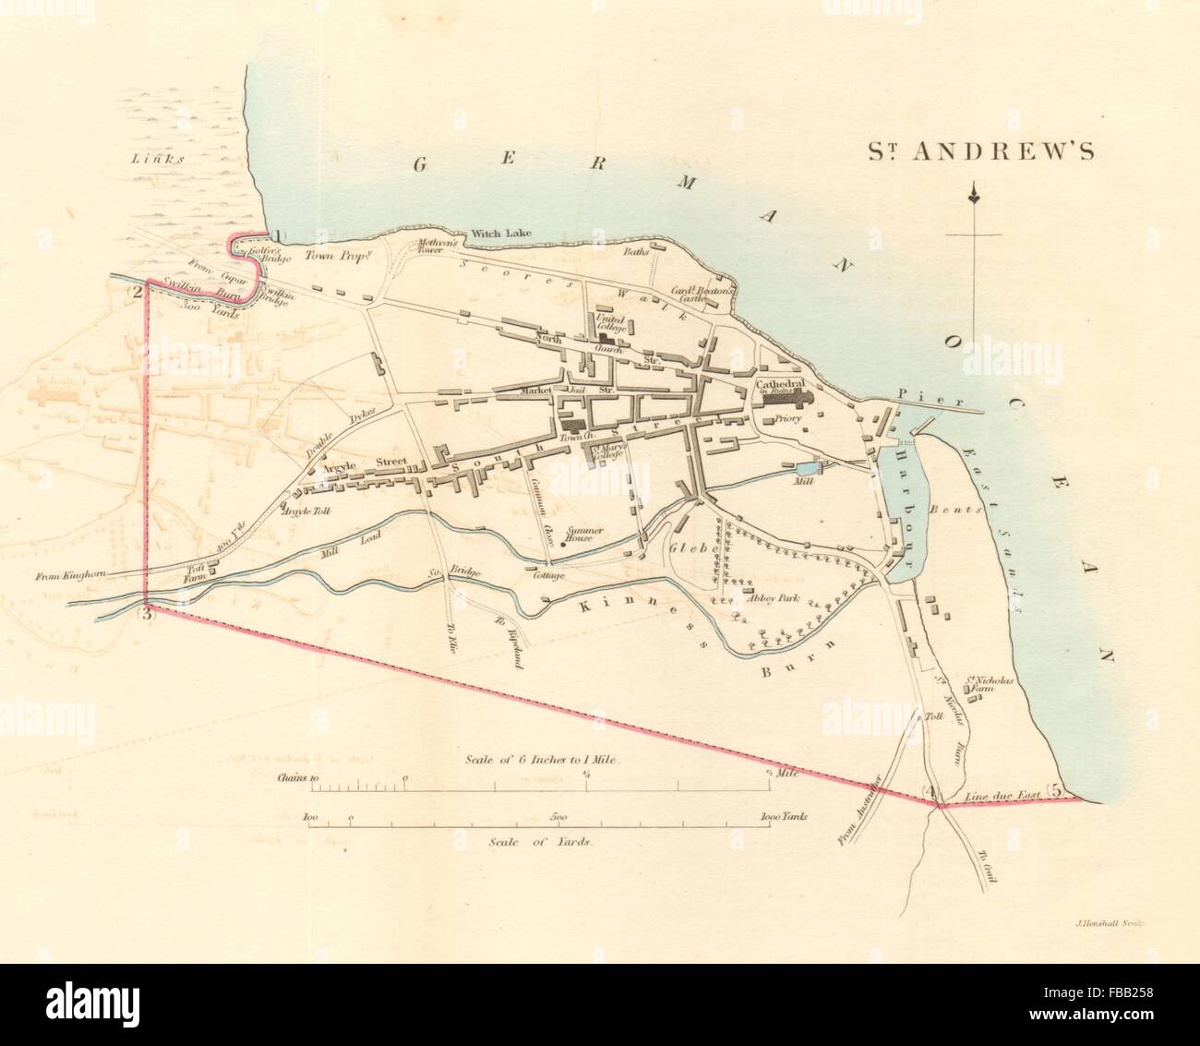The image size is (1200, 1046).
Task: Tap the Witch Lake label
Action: pos(498,234)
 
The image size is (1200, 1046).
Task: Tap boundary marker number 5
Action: pos(1058,790)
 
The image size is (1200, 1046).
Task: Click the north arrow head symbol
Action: pos(973,195)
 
